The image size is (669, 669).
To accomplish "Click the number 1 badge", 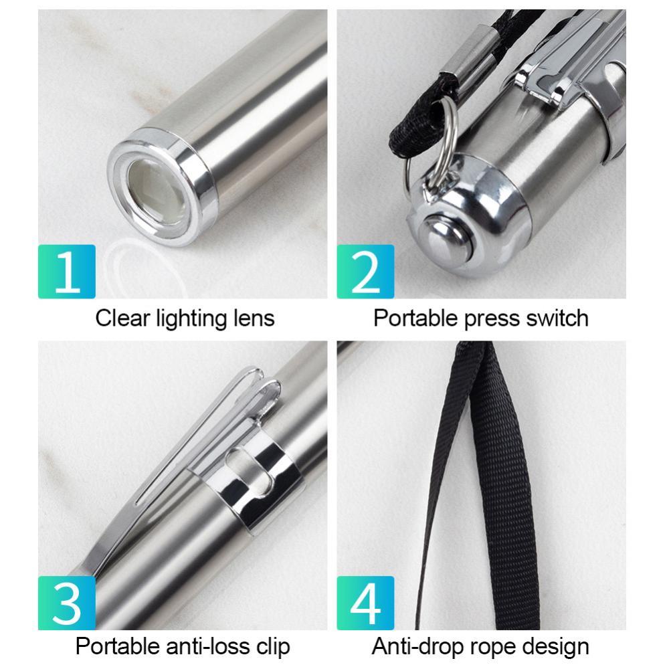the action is [x=66, y=272].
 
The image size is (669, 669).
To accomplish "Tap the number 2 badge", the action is [x=365, y=272].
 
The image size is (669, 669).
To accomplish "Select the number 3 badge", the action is [x=66, y=603].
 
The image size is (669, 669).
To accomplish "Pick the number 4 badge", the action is [x=365, y=603].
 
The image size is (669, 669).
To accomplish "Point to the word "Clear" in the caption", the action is [x=122, y=318].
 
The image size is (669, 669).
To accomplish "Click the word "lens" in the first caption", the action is [x=254, y=318].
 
